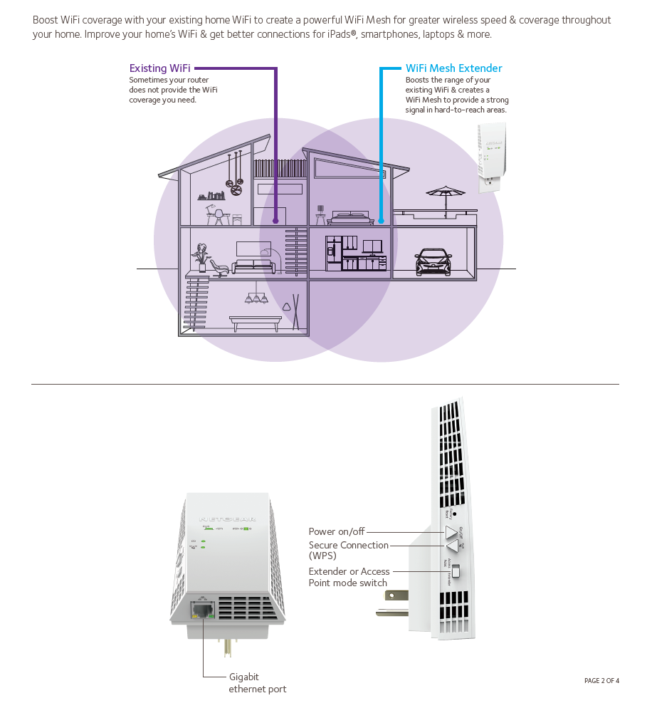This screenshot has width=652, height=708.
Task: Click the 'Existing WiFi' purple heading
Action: click(x=159, y=68)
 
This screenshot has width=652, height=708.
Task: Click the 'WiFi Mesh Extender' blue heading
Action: click(x=453, y=68)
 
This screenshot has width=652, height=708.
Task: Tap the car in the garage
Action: click(x=433, y=261)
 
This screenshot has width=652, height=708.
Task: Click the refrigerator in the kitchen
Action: click(x=333, y=253)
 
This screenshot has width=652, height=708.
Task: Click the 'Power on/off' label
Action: click(x=336, y=531)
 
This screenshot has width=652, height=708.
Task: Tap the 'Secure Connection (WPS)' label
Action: click(x=348, y=550)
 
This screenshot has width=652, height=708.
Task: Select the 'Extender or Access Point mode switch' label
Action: click(x=349, y=577)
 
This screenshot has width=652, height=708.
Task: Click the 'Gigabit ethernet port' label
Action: click(x=257, y=682)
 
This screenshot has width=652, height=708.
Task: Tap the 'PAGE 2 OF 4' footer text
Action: click(x=601, y=680)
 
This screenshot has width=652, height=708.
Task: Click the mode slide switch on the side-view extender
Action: click(x=457, y=571)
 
